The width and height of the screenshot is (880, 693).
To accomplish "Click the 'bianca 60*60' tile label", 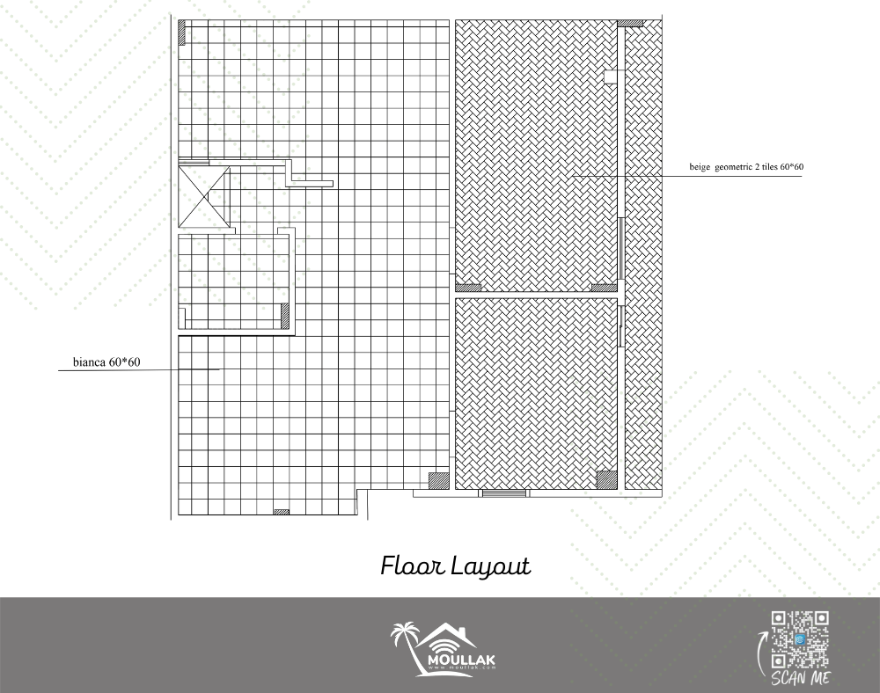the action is (106, 362).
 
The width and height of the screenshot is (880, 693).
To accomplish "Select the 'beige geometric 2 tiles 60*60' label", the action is (746, 166).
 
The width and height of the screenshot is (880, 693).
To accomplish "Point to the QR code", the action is (800, 639).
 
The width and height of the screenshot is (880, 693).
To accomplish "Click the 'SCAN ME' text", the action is (800, 678).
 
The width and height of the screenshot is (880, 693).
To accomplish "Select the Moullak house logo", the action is (444, 649).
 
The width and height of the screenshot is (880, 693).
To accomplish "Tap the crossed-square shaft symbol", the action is (204, 196).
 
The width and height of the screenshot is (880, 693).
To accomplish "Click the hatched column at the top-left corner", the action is (182, 33).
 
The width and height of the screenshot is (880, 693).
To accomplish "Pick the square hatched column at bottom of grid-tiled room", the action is (439, 481).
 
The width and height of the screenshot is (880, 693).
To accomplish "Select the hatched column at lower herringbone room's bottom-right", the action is (606, 480).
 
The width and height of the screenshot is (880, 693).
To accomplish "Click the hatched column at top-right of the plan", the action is (630, 24).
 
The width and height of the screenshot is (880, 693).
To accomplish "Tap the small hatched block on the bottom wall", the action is (282, 512).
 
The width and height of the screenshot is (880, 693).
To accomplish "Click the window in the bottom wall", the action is (504, 493).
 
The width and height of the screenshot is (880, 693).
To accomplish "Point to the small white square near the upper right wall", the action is (611, 77).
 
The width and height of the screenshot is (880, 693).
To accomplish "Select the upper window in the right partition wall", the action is (621, 248).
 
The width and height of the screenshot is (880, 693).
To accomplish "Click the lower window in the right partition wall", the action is (621, 325).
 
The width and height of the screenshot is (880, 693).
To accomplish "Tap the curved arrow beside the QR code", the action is (761, 653).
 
